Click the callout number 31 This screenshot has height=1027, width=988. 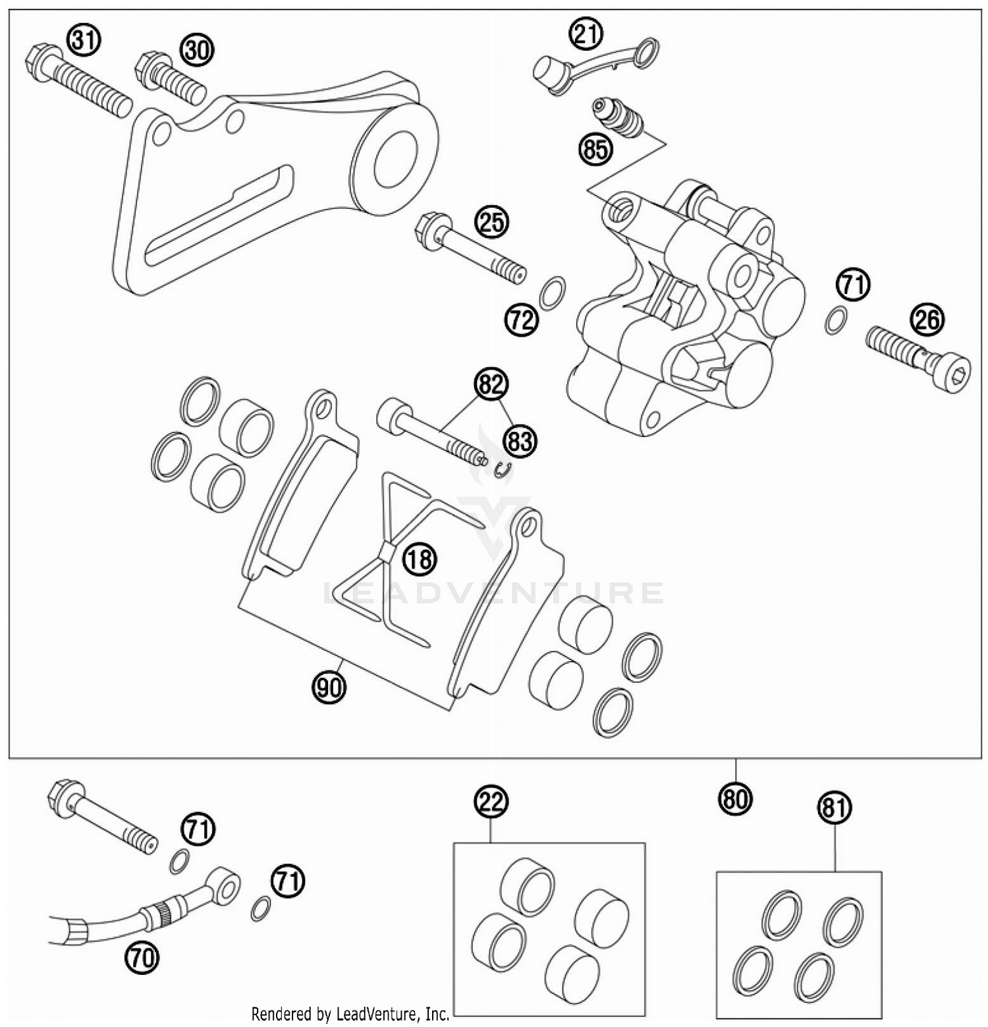click(x=84, y=41)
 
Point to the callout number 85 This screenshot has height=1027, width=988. click(x=595, y=150)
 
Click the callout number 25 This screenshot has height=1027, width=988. click(x=493, y=222)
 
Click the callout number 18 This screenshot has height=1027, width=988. click(x=420, y=560)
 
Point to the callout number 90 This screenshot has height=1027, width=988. click(x=329, y=688)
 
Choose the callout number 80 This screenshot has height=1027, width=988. click(x=735, y=799)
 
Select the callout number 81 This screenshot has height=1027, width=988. click(x=835, y=807)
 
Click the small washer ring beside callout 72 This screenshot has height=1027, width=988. click(x=551, y=292)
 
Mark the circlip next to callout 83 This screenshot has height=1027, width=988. click(x=502, y=469)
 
